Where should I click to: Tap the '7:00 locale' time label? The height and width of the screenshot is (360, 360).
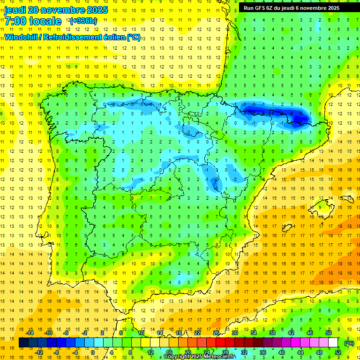coord(33,21)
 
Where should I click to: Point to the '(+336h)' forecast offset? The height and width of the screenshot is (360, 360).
coord(83,21)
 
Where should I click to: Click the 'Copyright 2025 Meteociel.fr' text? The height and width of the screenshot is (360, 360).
coord(200,357)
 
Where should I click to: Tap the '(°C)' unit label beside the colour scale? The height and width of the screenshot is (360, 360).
coord(349,344)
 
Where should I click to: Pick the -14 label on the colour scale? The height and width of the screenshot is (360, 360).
coord(30,333)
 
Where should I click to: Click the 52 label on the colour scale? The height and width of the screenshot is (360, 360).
coord(338,352)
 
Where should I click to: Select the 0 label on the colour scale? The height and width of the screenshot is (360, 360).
coord(93,352)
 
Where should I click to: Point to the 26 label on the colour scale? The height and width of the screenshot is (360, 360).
coord(216,333)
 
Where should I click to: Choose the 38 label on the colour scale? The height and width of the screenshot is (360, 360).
coord(272,333)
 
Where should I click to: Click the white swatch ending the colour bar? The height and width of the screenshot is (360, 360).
coord(333,343)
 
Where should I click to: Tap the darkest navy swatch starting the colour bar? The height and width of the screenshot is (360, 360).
coord(23,343)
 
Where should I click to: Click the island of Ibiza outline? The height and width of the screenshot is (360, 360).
coord(287,228)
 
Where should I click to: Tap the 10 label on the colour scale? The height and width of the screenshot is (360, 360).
coord(141,333)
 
